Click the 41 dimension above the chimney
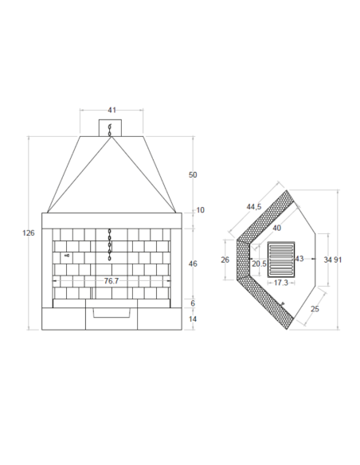pyautogui.click(x=112, y=110)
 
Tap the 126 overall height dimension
pyautogui.click(x=29, y=233)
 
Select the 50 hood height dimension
pyautogui.click(x=193, y=175)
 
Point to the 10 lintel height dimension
pyautogui.click(x=201, y=210)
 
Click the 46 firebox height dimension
pyautogui.click(x=193, y=264)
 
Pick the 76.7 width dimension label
pyautogui.click(x=112, y=281)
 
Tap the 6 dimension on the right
pyautogui.click(x=193, y=303)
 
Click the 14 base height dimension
pyautogui.click(x=193, y=319)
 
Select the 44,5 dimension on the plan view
pyautogui.click(x=254, y=207)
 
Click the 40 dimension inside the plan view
pyautogui.click(x=276, y=228)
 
